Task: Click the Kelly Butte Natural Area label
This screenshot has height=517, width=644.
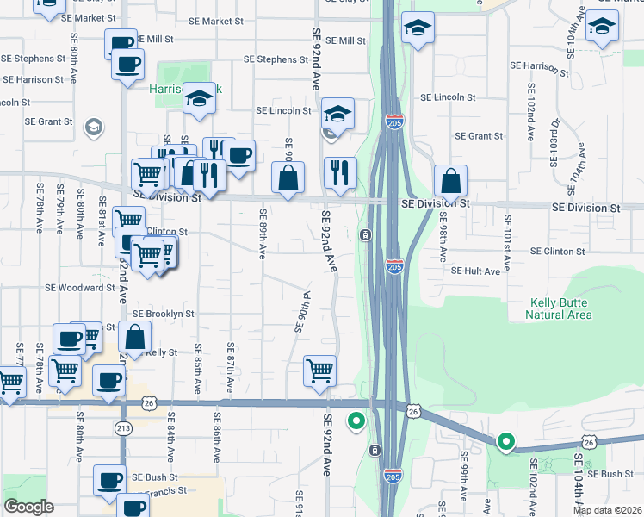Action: [559, 308]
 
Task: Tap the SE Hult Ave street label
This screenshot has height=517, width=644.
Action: [476, 271]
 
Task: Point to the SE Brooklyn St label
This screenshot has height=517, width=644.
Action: [164, 315]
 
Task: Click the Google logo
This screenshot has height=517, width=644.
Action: [28, 507]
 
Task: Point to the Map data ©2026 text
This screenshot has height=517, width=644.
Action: [608, 510]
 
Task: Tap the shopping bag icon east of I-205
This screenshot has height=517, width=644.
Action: [450, 181]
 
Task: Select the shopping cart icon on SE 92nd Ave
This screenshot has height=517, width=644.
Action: [319, 371]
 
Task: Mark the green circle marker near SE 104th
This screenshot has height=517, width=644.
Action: [506, 443]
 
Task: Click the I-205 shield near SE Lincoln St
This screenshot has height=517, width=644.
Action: [394, 121]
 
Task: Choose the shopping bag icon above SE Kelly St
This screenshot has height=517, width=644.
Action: [135, 337]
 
